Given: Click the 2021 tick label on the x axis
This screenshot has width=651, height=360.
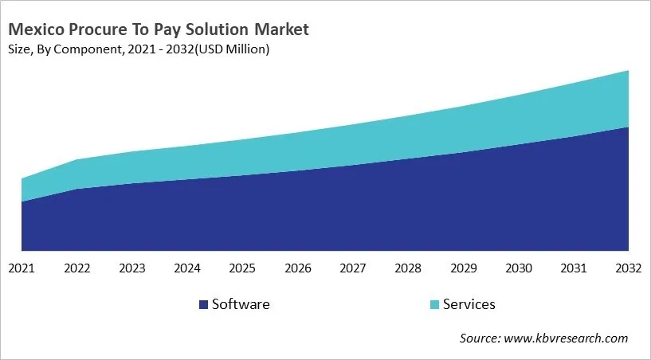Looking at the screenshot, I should click(22, 269).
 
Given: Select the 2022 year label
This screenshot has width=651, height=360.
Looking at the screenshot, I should click(76, 269).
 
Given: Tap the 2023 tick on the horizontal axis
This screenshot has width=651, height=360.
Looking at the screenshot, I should click(131, 269).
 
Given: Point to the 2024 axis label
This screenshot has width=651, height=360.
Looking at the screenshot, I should click(187, 269).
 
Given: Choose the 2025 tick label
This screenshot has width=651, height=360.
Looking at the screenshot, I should click(242, 269).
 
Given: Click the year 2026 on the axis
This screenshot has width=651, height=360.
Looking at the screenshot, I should click(297, 269).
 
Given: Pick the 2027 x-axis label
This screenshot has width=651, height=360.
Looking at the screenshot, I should click(352, 269).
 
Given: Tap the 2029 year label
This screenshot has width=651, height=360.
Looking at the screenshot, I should click(463, 269).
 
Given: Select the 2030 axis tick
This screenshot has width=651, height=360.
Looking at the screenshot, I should click(518, 269).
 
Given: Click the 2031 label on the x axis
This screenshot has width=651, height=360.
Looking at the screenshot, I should click(573, 269).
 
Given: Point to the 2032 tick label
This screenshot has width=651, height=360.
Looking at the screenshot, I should click(628, 269).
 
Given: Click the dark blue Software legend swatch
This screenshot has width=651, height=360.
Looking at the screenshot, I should click(203, 305).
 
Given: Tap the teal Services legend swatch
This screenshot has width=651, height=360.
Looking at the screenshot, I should click(433, 305).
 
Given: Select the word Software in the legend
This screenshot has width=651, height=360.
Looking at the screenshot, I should click(240, 304).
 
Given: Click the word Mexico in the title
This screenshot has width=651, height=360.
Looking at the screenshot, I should click(36, 30).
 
